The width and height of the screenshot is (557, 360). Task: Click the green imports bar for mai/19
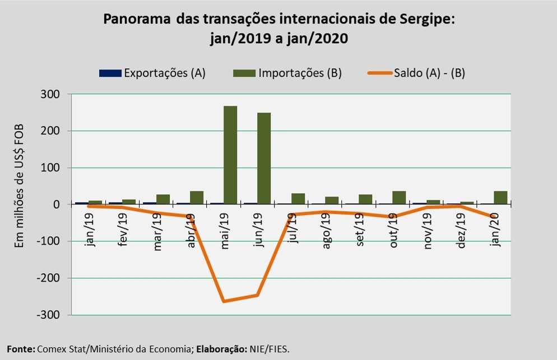230,155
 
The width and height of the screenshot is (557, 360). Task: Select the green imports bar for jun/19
264,160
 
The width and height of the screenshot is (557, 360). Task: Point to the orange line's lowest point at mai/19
224,301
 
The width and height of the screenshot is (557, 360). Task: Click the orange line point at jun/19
257,295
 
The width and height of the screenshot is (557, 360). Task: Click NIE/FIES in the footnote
271,349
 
